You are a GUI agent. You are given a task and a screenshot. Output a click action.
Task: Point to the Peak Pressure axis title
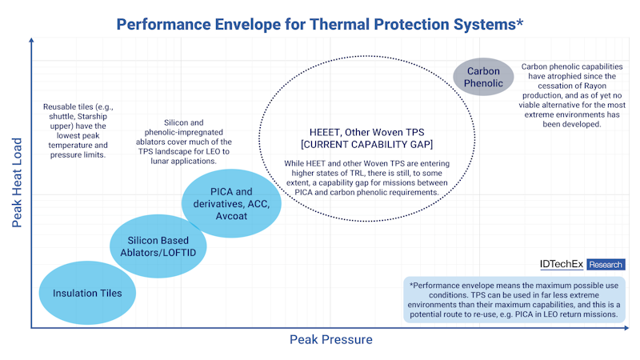[330, 340]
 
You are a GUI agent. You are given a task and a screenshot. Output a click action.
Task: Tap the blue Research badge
[606, 264]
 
